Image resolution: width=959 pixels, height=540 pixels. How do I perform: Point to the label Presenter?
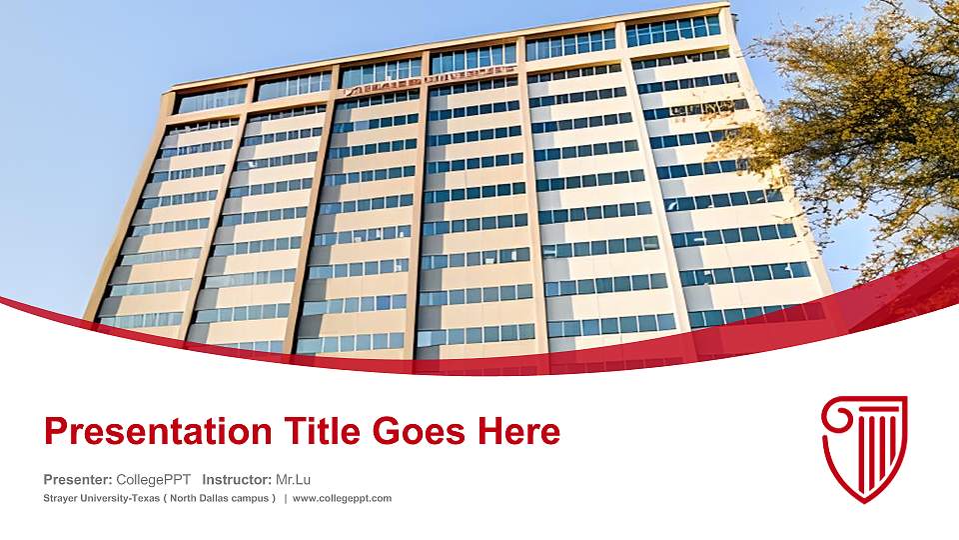click(x=78, y=479)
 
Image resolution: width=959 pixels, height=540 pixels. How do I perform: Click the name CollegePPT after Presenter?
click(x=154, y=479)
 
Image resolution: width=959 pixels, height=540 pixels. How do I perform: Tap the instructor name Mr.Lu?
click(x=293, y=479)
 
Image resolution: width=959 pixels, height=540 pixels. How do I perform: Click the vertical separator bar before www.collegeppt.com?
click(x=286, y=498)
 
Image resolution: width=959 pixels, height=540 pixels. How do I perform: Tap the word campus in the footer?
click(x=249, y=498)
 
